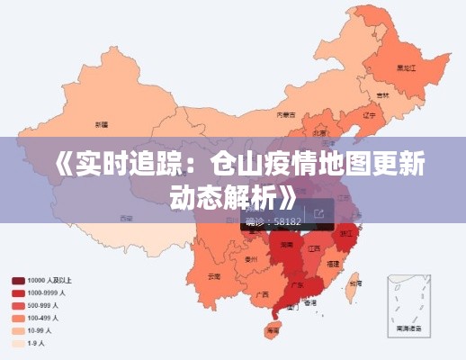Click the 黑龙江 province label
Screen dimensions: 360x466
click(406, 67)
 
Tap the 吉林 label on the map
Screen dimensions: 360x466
click(382, 94)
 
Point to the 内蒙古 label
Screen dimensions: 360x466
click(285, 114)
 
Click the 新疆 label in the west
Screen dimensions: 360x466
click(101, 123)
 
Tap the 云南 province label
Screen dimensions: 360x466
click(213, 275)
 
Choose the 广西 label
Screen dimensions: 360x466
click(262, 293)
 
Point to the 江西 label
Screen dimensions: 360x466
click(314, 247)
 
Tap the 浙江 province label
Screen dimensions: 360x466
click(346, 232)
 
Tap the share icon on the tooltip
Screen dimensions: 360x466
click(318, 213)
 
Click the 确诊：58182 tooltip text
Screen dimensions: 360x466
click(273, 220)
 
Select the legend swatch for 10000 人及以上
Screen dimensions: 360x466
click(17, 280)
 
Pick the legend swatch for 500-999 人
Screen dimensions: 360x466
click(17, 305)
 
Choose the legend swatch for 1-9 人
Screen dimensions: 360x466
click(17, 343)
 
